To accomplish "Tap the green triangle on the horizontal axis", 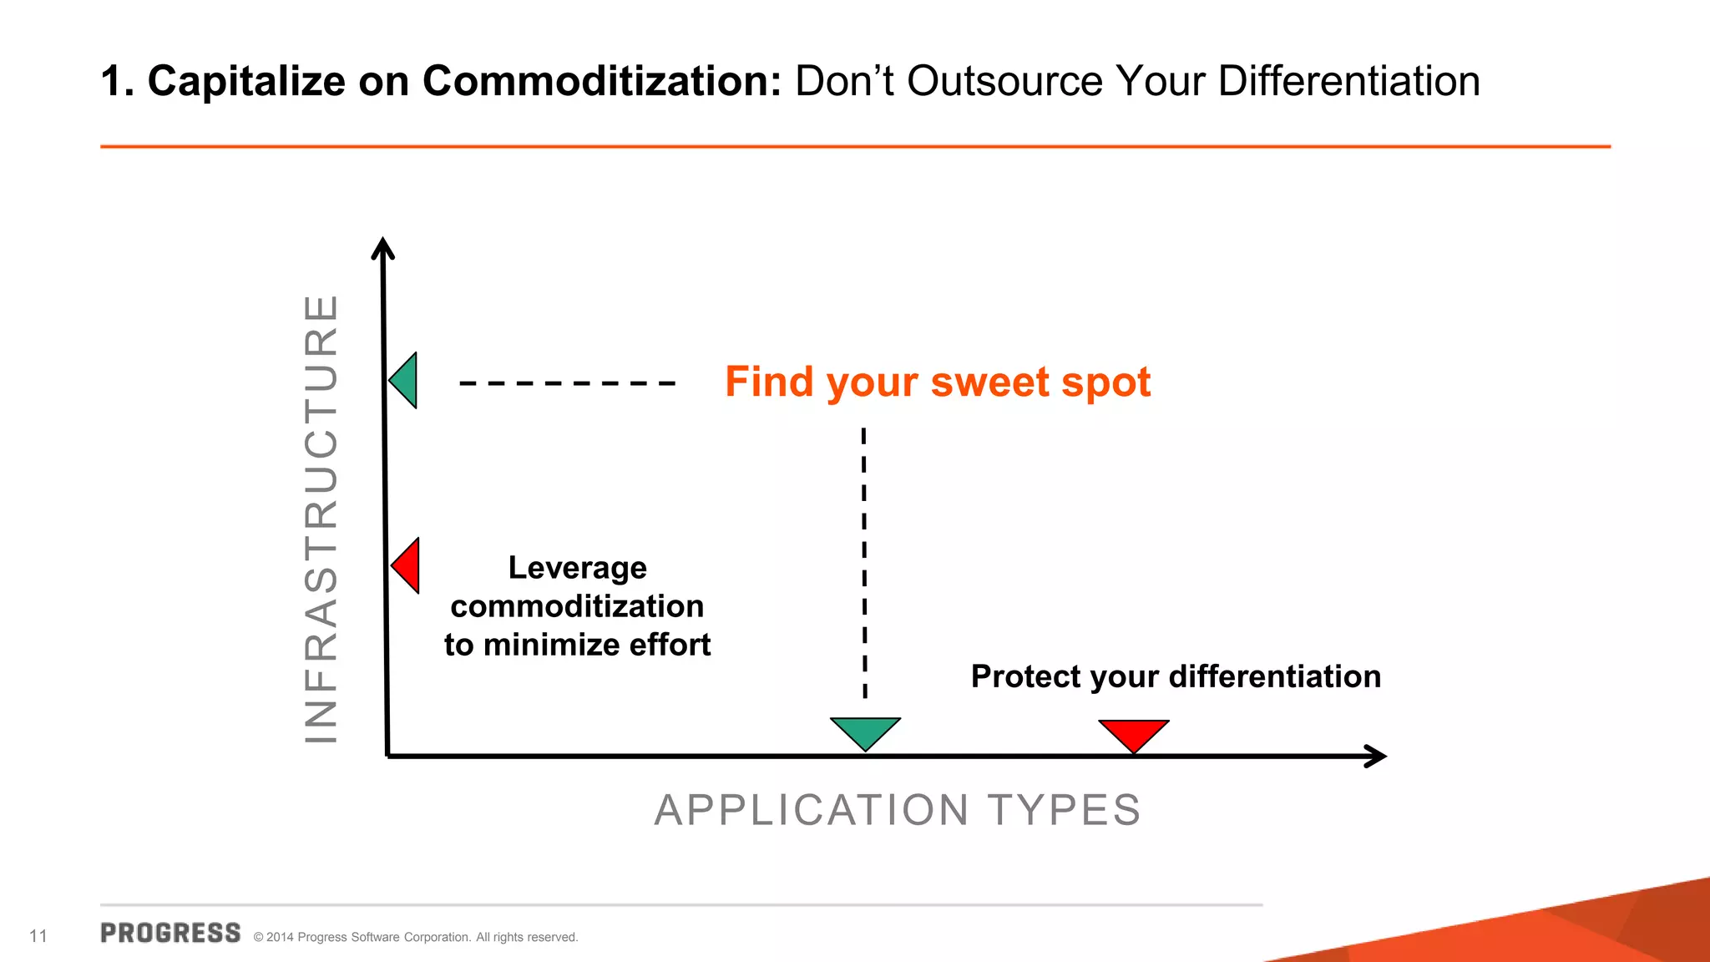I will click(865, 731).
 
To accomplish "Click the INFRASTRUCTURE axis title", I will click(321, 519).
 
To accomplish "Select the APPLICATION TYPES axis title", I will click(898, 810).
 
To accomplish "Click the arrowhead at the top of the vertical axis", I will click(382, 247).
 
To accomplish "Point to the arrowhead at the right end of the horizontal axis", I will click(1376, 757).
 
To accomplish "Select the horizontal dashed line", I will click(567, 383).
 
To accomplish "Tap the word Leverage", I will click(577, 568).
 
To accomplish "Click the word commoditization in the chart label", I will click(577, 606).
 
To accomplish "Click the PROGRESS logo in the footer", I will click(170, 934).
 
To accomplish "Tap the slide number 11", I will click(38, 936).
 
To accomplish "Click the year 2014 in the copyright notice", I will click(280, 937).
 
